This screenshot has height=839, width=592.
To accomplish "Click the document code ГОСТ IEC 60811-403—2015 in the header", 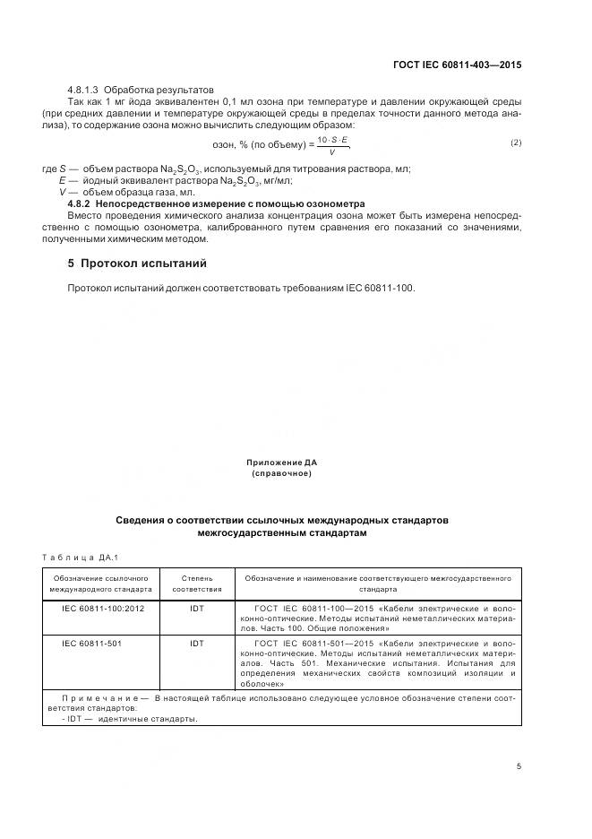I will click(458, 65).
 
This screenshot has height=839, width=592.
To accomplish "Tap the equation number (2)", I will click(515, 143).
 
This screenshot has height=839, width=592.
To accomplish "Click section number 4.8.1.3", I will click(84, 91).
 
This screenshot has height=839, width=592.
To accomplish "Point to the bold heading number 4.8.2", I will click(84, 204).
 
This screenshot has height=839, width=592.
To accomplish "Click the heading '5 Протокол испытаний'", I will click(137, 264).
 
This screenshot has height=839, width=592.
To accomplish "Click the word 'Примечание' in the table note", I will click(99, 696).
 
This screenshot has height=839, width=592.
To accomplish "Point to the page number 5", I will click(519, 767).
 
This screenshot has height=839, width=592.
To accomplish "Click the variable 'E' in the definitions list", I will click(63, 181).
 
